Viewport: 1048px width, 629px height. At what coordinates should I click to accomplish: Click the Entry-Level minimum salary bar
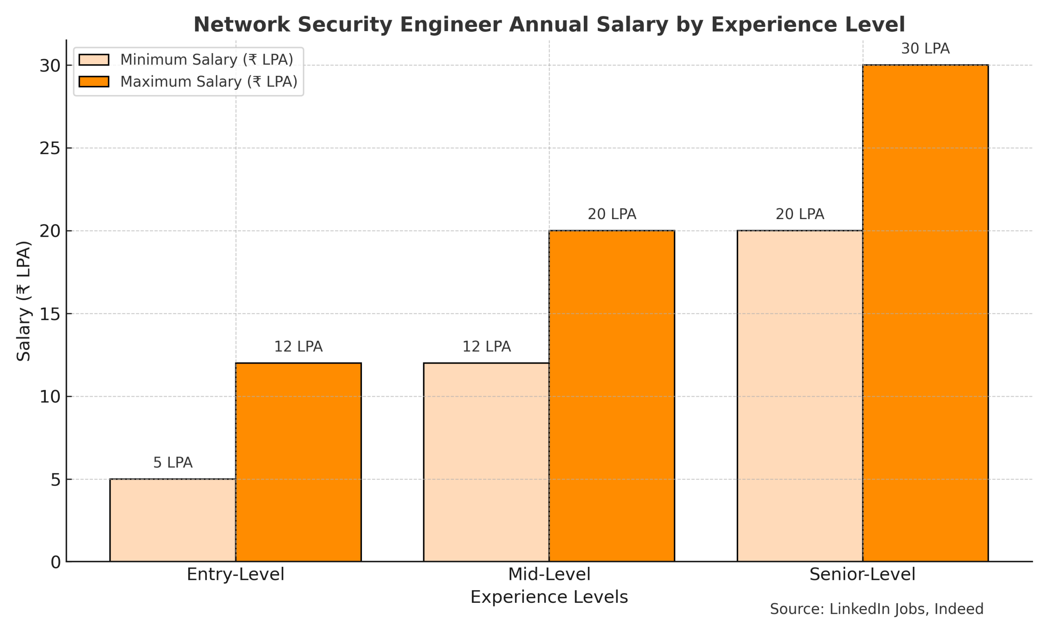172,520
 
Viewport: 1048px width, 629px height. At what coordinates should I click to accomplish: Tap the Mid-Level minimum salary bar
486,462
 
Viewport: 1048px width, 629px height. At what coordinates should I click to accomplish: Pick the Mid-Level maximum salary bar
612,396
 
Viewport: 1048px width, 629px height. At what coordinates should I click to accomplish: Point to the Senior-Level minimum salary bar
800,396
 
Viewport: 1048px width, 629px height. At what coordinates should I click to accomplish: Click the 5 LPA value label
172,462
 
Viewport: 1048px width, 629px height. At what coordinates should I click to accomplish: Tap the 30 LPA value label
925,49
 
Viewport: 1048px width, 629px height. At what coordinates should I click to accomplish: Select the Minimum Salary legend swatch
94,60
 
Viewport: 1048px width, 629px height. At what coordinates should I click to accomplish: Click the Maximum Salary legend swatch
94,81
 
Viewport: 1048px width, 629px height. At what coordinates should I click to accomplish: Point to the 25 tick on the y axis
50,148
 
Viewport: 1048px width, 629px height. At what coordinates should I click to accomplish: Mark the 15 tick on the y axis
50,314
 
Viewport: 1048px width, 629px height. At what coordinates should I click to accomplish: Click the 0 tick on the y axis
56,562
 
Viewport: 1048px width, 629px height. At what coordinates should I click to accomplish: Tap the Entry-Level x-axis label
235,574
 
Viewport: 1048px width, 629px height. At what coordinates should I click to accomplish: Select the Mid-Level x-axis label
549,574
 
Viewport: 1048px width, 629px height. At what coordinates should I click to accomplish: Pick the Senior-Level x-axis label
863,574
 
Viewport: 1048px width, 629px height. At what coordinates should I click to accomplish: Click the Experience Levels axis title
549,597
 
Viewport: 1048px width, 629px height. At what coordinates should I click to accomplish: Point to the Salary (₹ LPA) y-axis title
23,301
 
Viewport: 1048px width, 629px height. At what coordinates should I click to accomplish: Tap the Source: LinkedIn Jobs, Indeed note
876,609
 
